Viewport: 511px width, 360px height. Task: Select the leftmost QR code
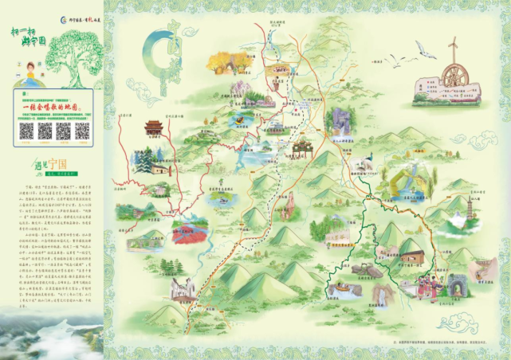click(27, 131)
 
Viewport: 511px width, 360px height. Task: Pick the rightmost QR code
click(83, 131)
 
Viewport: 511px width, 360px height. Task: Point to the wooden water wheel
click(454, 78)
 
